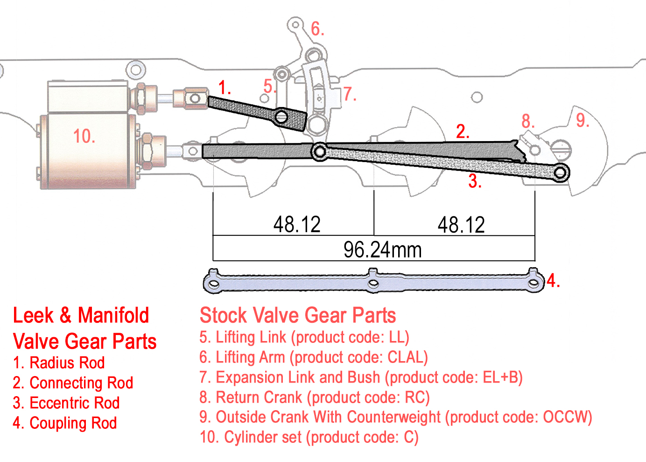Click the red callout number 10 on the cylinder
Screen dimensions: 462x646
(x=84, y=136)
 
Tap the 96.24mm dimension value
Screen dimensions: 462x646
(x=382, y=249)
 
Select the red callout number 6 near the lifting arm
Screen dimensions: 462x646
(x=317, y=29)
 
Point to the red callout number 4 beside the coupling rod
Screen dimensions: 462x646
(x=553, y=280)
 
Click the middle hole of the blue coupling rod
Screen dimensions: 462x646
(x=373, y=283)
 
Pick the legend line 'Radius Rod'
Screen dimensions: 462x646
(x=59, y=363)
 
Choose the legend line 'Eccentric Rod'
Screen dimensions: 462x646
(x=66, y=403)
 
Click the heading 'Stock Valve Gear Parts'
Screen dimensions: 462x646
(x=298, y=315)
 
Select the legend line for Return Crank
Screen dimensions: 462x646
(x=314, y=398)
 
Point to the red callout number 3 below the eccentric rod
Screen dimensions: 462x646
(x=475, y=181)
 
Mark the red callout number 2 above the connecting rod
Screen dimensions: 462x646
(x=462, y=132)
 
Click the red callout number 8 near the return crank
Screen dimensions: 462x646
(x=528, y=121)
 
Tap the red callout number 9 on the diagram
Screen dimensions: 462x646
(x=582, y=121)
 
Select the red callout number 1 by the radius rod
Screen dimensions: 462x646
(x=225, y=87)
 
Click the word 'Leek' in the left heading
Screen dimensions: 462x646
(x=33, y=315)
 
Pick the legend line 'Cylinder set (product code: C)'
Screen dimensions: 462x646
(x=309, y=438)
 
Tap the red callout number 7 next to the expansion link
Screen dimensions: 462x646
(x=350, y=94)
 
